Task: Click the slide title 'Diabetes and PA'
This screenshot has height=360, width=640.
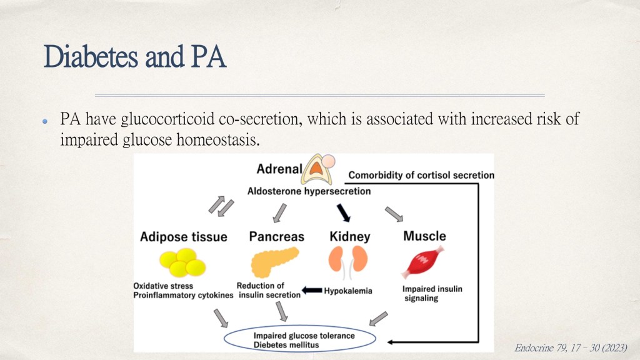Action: coord(134,57)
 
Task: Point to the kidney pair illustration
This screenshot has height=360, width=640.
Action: coord(349,259)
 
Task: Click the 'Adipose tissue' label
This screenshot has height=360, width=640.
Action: coord(183,237)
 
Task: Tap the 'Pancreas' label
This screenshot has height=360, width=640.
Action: coord(276,237)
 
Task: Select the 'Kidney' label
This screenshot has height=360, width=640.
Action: coord(349,237)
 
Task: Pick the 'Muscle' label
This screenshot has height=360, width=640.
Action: coord(424,236)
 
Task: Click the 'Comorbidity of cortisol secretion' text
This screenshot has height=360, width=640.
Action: coord(421,175)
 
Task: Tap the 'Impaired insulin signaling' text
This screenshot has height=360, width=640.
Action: coord(423,294)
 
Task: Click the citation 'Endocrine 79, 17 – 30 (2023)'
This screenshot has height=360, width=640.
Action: coord(571,347)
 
